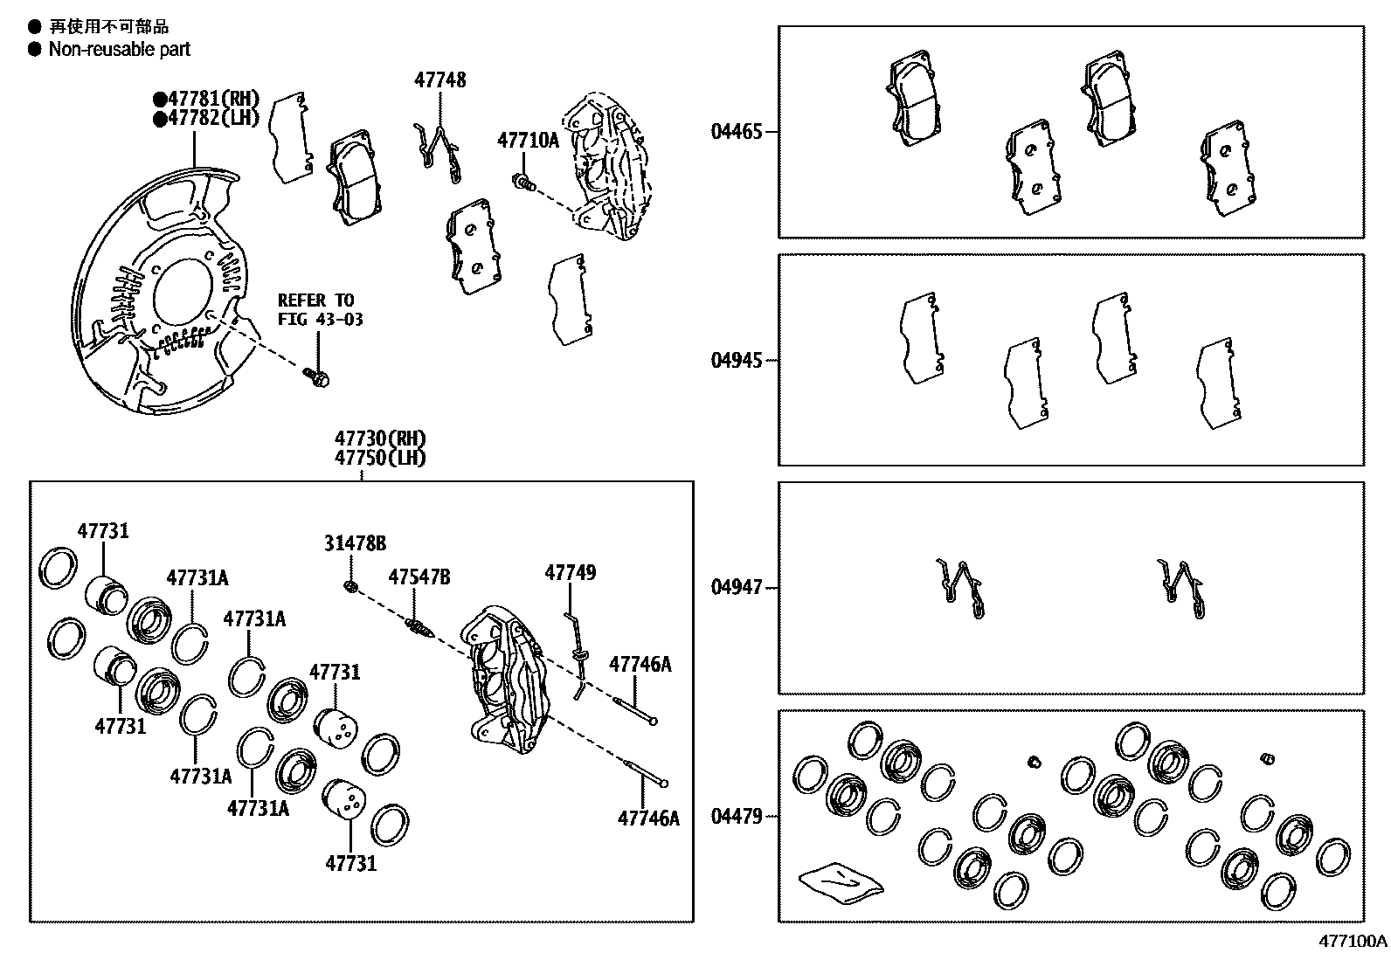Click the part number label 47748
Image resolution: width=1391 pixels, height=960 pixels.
coord(439,80)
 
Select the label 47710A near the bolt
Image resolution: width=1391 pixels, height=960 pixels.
coord(528,140)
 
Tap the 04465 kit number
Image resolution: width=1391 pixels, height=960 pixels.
coord(736,132)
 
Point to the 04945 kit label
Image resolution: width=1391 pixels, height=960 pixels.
coord(736,360)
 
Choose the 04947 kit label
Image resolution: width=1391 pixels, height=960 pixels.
coord(736,587)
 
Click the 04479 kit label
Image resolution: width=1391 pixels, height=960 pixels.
coord(736,816)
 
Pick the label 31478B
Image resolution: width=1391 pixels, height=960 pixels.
coord(355,543)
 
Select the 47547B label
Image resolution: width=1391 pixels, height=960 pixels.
coord(419,577)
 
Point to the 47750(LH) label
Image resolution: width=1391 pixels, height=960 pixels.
coord(379,458)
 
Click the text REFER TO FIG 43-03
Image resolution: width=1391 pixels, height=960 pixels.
coord(320,310)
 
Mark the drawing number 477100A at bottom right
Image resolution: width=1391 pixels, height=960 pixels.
coord(1353,942)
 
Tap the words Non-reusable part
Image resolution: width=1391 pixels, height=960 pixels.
coord(119,50)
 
